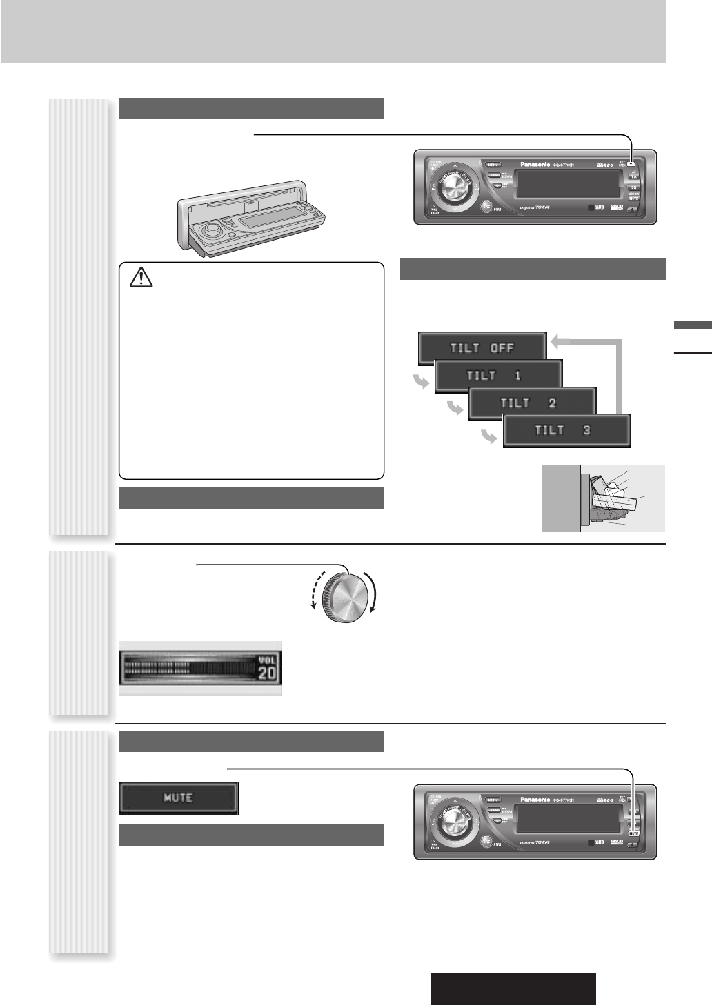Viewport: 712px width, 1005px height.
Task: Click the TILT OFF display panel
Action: pos(482,347)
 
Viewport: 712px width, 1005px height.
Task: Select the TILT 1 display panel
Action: pos(498,376)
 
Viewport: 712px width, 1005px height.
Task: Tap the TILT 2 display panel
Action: pos(532,403)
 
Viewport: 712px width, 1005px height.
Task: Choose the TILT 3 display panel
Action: pos(566,430)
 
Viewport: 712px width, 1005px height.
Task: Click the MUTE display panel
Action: pos(179,798)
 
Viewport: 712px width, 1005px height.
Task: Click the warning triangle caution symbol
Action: pos(140,278)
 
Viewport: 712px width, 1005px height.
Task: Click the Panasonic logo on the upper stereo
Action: pos(535,165)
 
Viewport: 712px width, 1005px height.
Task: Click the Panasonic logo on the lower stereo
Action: pos(535,800)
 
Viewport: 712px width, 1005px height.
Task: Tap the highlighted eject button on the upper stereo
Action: pos(631,165)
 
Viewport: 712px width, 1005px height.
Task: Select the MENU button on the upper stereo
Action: pos(493,165)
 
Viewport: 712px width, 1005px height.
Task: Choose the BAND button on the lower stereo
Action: pos(494,810)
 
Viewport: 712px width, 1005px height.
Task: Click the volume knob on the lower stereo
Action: pos(454,820)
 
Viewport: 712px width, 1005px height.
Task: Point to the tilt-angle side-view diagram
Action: pos(603,498)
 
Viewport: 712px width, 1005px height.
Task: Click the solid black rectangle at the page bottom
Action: pos(513,989)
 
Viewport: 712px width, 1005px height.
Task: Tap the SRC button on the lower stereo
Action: pos(487,840)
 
